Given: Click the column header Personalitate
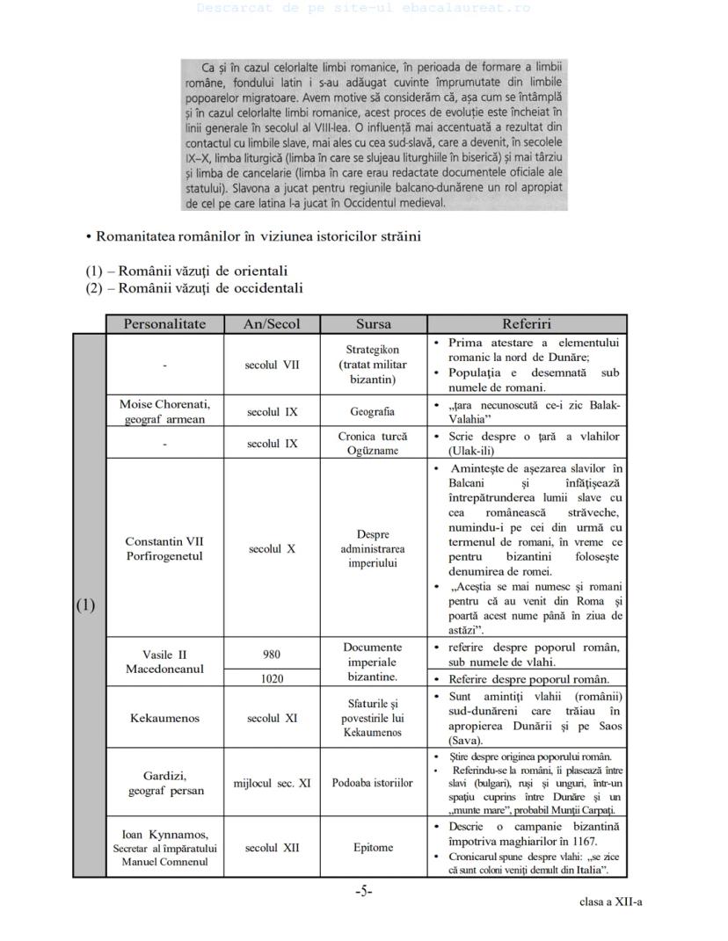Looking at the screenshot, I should click(164, 324).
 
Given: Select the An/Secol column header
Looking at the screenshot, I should click(272, 324).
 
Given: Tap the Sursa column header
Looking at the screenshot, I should click(374, 324).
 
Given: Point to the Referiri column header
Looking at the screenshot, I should click(527, 324).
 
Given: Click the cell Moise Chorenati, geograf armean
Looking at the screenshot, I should click(164, 411).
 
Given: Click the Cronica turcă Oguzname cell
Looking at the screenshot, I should click(374, 444).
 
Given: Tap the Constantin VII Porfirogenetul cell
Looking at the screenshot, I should click(164, 549).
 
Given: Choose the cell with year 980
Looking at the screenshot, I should click(272, 655).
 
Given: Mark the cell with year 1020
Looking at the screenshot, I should click(272, 678).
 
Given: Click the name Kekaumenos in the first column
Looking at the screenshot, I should click(164, 718).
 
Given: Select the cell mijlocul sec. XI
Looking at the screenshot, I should click(272, 783).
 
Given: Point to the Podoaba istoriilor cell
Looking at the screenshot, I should click(374, 783).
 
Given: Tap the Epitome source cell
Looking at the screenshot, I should click(374, 848).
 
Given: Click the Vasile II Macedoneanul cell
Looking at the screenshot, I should click(164, 662).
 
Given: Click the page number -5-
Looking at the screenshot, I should click(364, 891).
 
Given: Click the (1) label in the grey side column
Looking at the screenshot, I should click(86, 605).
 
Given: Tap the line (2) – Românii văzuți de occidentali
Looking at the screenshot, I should click(194, 288).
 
